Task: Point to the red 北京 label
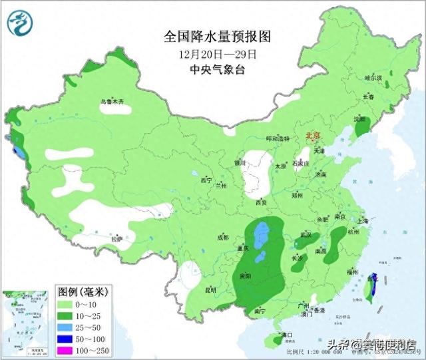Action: click(312, 136)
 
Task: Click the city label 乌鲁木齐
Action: click(112, 102)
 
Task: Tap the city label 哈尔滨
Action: click(373, 79)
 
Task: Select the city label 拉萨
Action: click(116, 239)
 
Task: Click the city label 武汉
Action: click(306, 234)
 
